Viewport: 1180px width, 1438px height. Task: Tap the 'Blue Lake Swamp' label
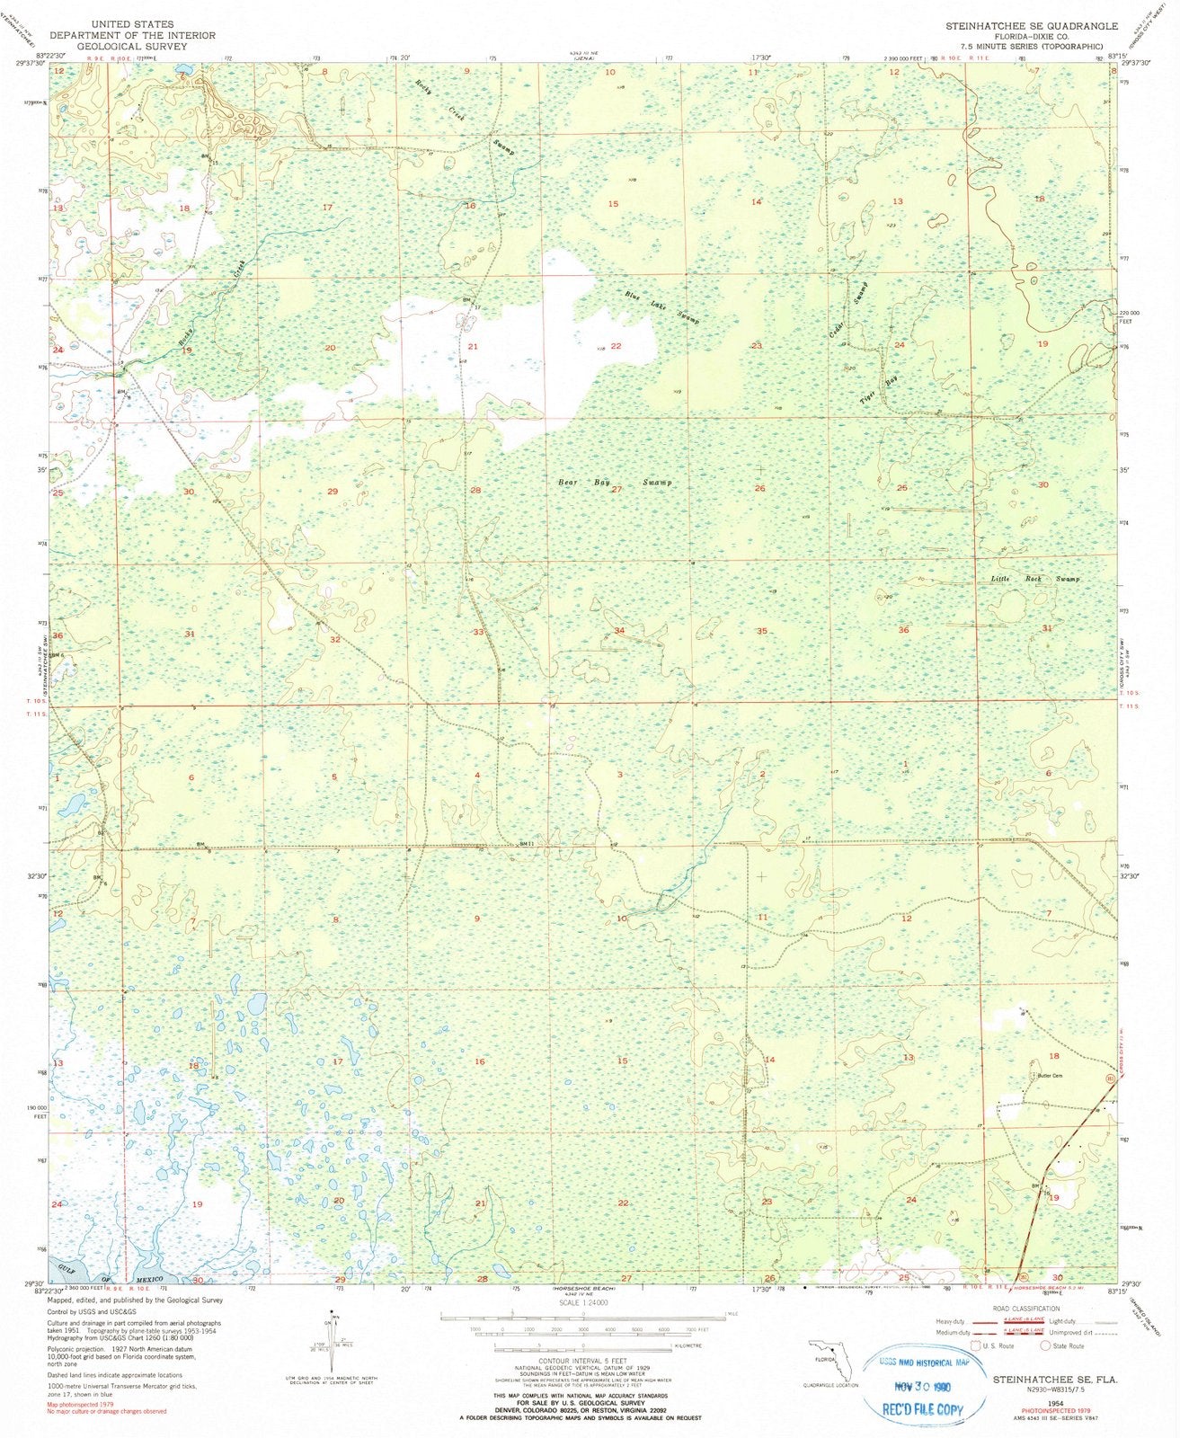(x=662, y=306)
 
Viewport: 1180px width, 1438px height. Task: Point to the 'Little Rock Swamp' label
(x=1034, y=579)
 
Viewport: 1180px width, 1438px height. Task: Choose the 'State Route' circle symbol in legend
(x=1045, y=1345)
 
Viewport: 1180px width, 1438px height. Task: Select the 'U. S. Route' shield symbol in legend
(x=976, y=1345)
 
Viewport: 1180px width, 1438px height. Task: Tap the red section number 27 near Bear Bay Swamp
(x=617, y=490)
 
